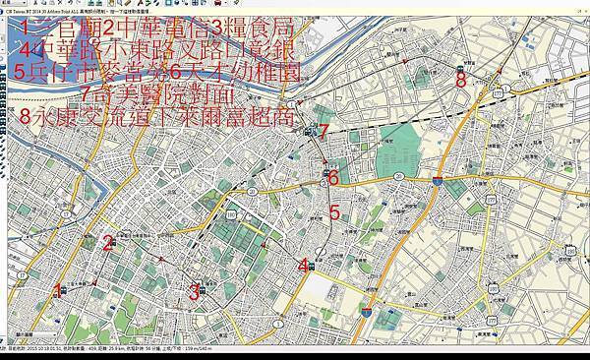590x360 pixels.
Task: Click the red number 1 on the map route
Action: (59, 290)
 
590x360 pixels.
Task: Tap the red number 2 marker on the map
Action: (108, 244)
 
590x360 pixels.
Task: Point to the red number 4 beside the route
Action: (304, 264)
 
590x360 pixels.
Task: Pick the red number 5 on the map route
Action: (334, 211)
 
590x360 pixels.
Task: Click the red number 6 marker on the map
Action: (333, 178)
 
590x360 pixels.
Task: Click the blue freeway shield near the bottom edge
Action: (365, 312)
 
